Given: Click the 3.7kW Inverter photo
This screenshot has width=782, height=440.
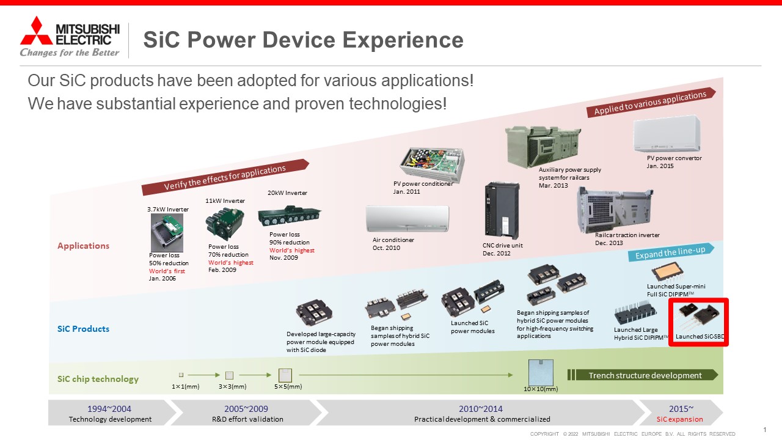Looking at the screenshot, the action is pos(167,233).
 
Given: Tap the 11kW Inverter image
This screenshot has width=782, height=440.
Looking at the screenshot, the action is pos(225,224).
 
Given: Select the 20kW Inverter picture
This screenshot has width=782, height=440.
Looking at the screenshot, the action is pos(290,215).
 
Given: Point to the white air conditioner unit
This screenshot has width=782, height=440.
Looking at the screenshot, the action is pos(407,219).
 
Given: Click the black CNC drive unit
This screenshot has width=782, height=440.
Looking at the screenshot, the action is pos(502,210).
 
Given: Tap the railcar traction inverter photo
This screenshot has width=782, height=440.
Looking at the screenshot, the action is pos(615,210).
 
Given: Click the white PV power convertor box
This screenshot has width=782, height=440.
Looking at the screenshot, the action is pos(667,134).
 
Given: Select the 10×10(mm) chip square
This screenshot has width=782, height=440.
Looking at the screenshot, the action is pos(541,372).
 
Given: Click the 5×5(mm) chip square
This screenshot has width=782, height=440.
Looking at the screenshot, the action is pos(285,375).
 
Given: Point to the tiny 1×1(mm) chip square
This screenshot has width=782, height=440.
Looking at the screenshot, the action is pos(181,375).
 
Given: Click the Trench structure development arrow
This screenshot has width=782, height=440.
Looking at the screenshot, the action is pos(642,375).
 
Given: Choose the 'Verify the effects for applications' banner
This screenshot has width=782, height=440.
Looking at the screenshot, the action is pos(225,177).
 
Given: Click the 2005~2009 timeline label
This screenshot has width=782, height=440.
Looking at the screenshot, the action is pos(246,409).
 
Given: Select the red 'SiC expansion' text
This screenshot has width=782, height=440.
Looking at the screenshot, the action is pos(679,419).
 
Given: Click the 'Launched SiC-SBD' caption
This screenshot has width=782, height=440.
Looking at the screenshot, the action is pos(700,337).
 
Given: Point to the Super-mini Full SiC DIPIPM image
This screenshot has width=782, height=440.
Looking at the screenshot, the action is pos(667,272).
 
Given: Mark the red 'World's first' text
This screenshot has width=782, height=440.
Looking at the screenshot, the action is pos(167,271).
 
